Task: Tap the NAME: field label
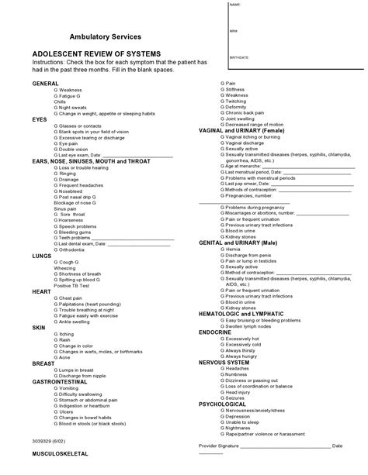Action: pos(235,5)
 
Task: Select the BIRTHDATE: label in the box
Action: pos(239,57)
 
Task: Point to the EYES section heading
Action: pos(40,119)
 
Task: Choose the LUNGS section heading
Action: pos(42,254)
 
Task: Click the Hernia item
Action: pos(232,249)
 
